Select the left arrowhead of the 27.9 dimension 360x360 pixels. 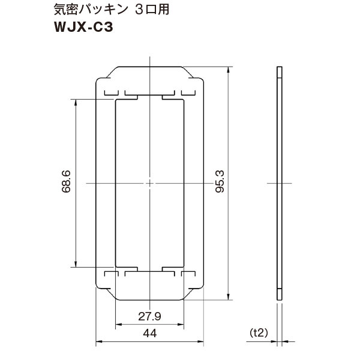(x=117, y=325)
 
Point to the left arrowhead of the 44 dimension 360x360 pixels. (x=98, y=343)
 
